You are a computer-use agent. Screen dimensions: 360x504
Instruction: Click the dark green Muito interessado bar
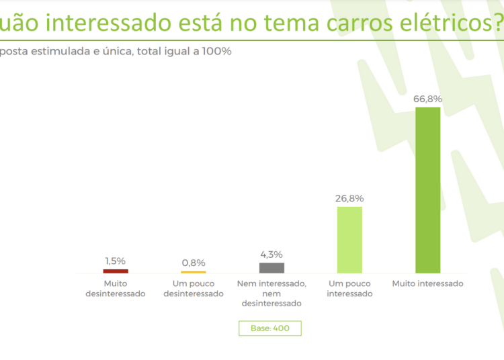(427, 189)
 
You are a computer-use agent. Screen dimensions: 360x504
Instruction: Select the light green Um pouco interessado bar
(349, 239)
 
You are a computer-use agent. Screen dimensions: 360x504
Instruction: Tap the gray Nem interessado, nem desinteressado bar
(271, 267)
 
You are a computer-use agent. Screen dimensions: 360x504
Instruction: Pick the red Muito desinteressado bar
(116, 271)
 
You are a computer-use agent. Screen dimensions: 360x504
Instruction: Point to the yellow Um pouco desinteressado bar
(194, 271)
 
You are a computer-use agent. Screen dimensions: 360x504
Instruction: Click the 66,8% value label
(427, 99)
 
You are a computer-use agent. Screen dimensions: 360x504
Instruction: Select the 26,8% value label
(349, 198)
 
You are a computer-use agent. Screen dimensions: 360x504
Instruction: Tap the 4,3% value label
(271, 255)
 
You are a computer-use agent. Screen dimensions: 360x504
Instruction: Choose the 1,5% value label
(116, 261)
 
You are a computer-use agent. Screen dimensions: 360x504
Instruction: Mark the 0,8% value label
(194, 263)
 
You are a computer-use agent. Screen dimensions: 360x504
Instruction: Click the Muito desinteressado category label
(116, 289)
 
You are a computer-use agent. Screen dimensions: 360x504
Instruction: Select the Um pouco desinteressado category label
(194, 289)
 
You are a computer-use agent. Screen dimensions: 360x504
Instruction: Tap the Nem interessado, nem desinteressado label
(271, 294)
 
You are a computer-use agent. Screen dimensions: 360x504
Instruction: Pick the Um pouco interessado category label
(349, 289)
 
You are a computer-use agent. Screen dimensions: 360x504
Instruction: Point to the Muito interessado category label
(427, 283)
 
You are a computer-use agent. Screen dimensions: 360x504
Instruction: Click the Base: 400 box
(269, 328)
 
